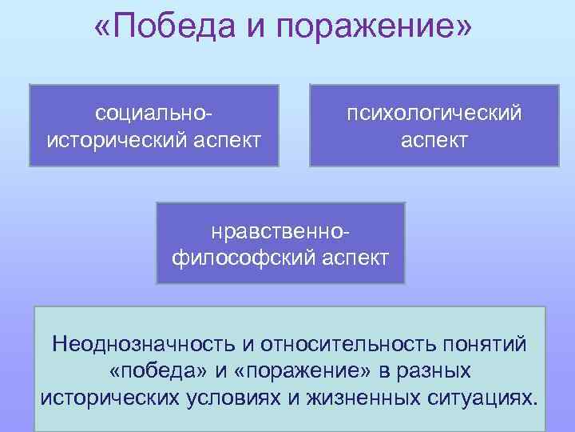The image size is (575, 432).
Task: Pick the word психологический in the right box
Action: [434, 112]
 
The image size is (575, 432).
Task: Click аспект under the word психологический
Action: [434, 140]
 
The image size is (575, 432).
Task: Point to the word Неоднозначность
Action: [144, 345]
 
